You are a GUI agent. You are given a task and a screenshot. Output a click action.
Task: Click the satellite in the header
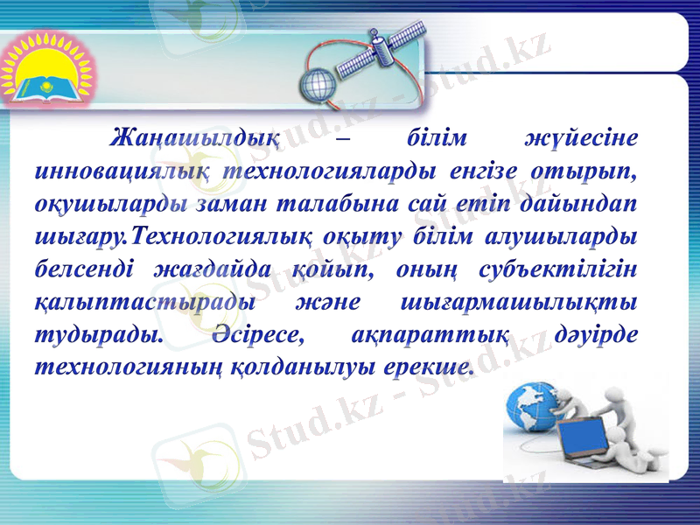coord(384,47)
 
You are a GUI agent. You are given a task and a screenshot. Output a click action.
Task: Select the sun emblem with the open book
coord(39,73)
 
